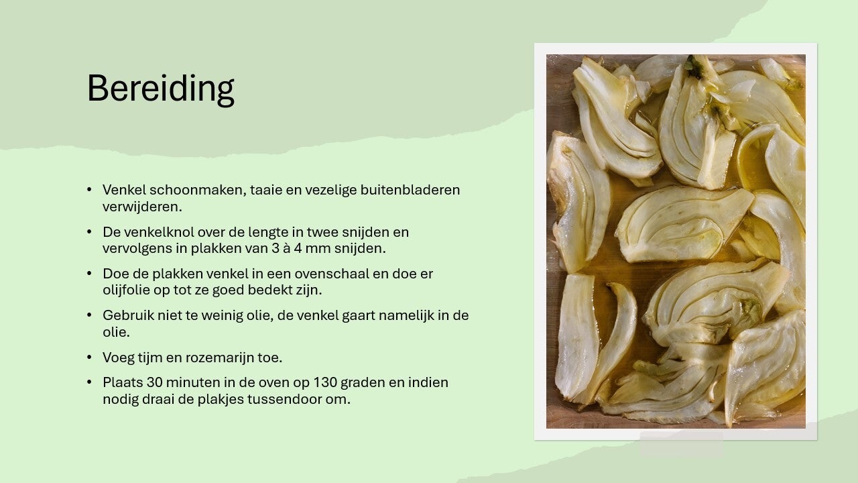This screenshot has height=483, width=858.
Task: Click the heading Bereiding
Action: tap(160, 89)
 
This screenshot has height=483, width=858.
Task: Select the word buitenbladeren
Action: tap(410, 190)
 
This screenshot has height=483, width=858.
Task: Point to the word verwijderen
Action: tap(142, 207)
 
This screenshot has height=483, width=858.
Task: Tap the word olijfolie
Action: tap(126, 290)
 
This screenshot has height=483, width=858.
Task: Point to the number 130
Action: tap(325, 382)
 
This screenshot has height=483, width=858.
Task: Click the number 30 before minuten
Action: tap(154, 382)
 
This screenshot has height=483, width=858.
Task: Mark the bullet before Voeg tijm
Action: tap(89, 358)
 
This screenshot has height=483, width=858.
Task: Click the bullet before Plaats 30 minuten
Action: tap(89, 382)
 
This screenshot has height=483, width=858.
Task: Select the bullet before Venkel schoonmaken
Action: tap(89, 189)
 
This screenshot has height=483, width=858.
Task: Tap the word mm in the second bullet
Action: tap(318, 249)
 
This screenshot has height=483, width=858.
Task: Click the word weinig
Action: tap(221, 315)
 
